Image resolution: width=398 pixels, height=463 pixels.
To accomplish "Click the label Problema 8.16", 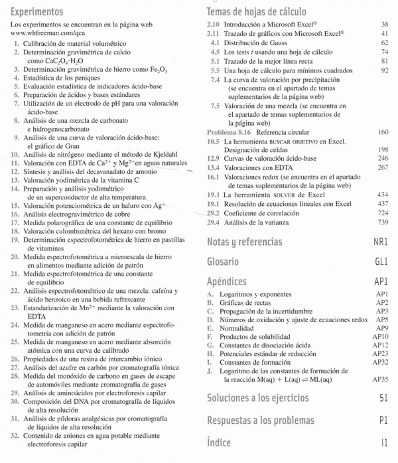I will coord(230,132).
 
